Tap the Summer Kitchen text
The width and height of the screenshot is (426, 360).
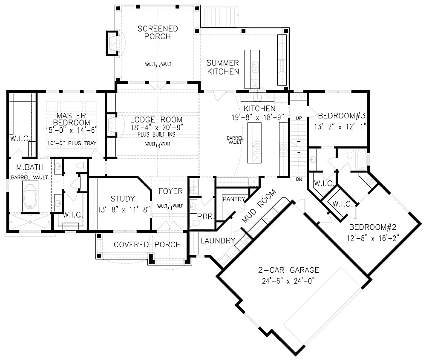pos(223,67)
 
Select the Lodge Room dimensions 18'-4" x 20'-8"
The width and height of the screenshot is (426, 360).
pos(156,127)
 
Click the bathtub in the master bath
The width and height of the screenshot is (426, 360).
pos(30,197)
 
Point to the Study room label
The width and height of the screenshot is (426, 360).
pos(123,199)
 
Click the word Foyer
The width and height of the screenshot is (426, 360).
pos(170,191)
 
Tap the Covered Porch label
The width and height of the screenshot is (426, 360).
pos(147,245)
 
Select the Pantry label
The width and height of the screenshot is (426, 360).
pos(234,199)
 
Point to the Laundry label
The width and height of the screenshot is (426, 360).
pos(218,241)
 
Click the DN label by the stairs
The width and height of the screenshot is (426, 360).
pos(299,180)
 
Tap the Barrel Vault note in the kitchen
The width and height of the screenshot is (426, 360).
pos(235,140)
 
